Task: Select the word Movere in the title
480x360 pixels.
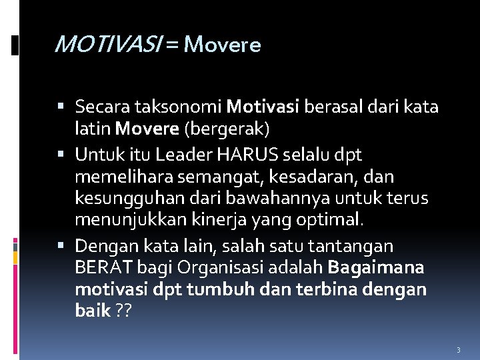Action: click(221, 45)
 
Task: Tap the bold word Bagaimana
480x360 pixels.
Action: click(375, 268)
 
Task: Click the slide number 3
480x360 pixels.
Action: click(458, 349)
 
